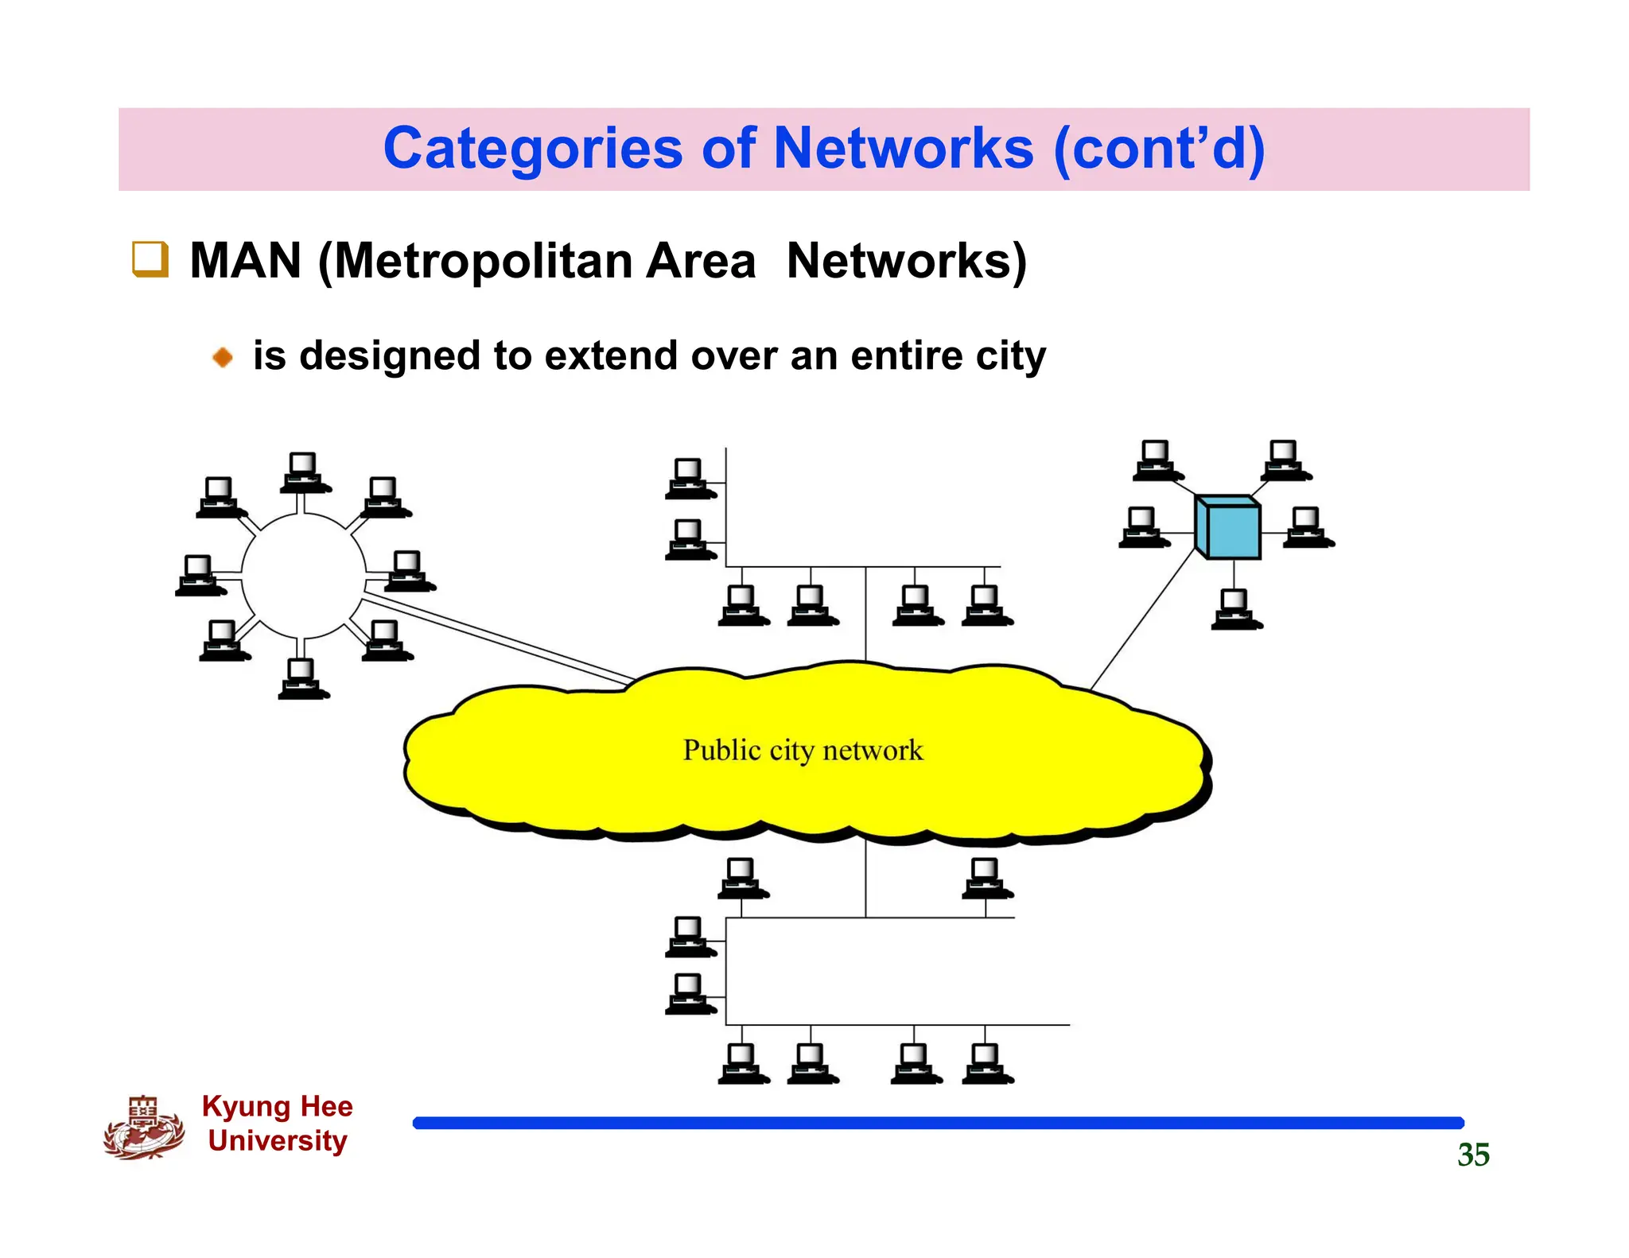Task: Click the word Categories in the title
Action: (532, 149)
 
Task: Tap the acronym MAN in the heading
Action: (245, 261)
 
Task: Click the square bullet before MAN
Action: (150, 259)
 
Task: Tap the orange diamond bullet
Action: (223, 357)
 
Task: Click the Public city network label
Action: (803, 750)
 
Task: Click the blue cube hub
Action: (1228, 527)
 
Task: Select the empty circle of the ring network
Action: (303, 576)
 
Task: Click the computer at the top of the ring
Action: (303, 472)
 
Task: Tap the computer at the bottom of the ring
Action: (302, 679)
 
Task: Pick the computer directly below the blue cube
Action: (1234, 609)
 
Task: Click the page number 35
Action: (1472, 1155)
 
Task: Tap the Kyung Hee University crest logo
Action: (143, 1127)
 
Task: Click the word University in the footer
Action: (277, 1140)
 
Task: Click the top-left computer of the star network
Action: (1156, 460)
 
